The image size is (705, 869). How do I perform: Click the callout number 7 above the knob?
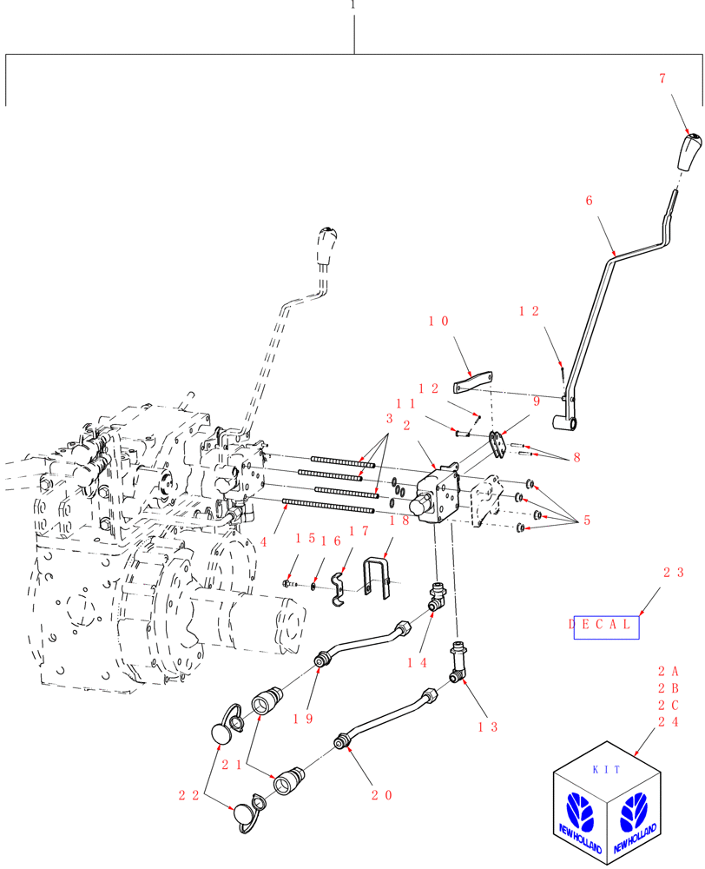point(662,79)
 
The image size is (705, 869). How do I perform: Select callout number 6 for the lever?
point(590,201)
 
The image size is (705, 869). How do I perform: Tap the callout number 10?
point(438,322)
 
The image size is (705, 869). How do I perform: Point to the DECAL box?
point(606,626)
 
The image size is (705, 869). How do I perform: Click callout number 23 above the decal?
point(673,573)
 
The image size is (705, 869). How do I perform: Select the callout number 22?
point(190,794)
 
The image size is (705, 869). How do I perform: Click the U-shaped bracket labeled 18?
point(380,578)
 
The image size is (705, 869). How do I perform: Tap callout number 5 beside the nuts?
point(586,521)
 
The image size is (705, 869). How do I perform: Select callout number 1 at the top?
point(352,4)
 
